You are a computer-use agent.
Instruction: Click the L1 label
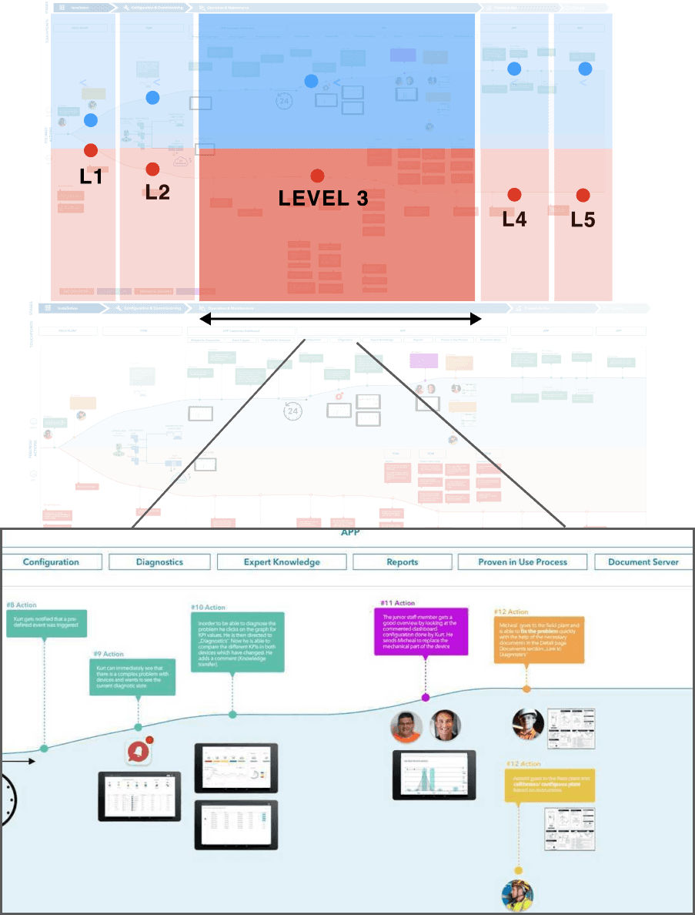tap(92, 176)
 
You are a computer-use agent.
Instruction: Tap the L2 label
tap(157, 192)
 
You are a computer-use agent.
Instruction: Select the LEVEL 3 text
tap(323, 198)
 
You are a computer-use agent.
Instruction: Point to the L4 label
tap(514, 219)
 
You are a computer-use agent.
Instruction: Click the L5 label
tap(583, 220)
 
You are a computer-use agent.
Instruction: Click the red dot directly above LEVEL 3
tap(316, 176)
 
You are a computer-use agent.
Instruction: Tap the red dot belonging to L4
tap(514, 195)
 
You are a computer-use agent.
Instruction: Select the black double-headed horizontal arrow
tap(340, 317)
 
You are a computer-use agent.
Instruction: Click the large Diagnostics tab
tap(159, 561)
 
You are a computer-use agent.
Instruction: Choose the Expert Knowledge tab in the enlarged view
tap(282, 561)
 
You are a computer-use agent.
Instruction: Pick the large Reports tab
tap(403, 561)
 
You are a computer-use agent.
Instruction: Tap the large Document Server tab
tap(643, 561)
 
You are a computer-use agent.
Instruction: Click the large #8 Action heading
tap(22, 605)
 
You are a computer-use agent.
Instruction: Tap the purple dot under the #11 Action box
tap(426, 697)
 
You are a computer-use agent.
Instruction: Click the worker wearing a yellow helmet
tap(517, 894)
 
